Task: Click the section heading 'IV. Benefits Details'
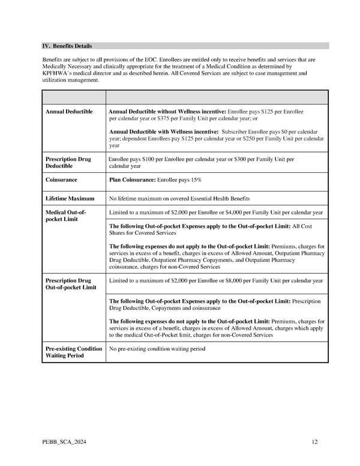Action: pyautogui.click(x=67, y=46)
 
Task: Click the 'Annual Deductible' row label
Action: pyautogui.click(x=69, y=112)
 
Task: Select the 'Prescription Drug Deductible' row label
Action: pyautogui.click(x=68, y=162)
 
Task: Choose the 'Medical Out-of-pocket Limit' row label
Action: pyautogui.click(x=66, y=216)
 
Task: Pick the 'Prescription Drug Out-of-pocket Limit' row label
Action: pyautogui.click(x=70, y=283)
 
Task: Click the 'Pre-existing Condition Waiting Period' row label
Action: pyautogui.click(x=73, y=352)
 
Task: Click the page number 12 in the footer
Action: pyautogui.click(x=314, y=443)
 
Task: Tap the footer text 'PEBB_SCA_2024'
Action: pyautogui.click(x=64, y=443)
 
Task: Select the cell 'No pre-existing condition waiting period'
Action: pyautogui.click(x=157, y=349)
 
